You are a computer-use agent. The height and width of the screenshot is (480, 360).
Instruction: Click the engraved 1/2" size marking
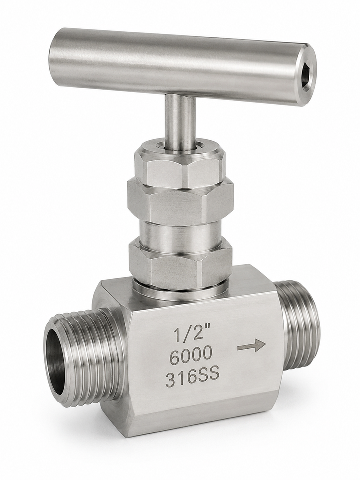click(x=188, y=334)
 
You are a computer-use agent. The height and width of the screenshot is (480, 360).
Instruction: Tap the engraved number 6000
click(x=191, y=355)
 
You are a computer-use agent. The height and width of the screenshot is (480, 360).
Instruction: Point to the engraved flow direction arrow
click(x=251, y=346)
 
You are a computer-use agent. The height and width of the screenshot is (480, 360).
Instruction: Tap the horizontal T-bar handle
click(x=183, y=66)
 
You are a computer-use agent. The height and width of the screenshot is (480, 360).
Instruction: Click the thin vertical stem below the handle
click(x=180, y=122)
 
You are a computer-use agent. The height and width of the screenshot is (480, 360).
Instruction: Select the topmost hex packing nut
click(x=180, y=165)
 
